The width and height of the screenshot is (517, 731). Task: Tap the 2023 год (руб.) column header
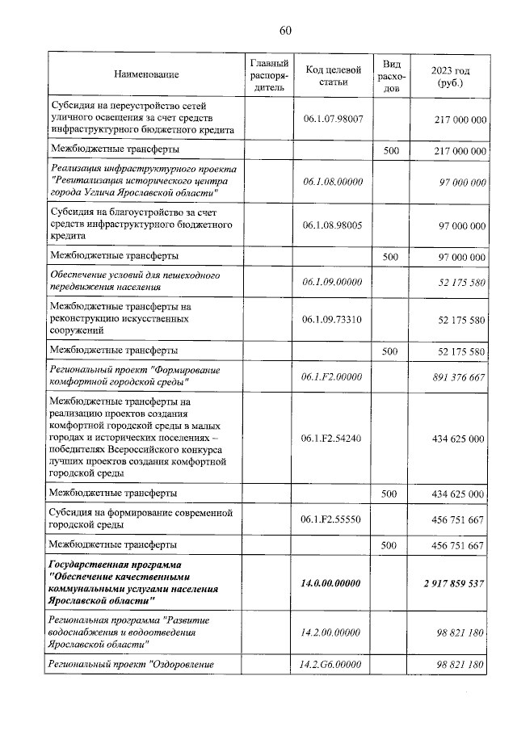pos(449,76)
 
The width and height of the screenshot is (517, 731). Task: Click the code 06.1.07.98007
pos(332,118)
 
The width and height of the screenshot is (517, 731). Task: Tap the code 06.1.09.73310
pos(332,319)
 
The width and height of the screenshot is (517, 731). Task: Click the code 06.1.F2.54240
pos(332,438)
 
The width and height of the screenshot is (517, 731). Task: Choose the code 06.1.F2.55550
pos(332,519)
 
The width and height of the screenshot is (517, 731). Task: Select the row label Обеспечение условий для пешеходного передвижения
pos(135,281)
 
